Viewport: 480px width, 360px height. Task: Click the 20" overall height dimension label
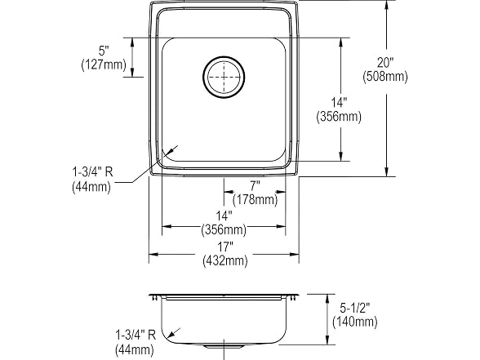(x=384, y=62)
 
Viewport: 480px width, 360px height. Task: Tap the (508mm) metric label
(x=385, y=76)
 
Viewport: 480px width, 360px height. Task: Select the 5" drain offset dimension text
(x=104, y=51)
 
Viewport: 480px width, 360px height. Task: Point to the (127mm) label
(x=104, y=64)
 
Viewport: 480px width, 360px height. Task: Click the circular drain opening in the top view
(x=224, y=77)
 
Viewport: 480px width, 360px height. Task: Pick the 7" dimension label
(x=255, y=185)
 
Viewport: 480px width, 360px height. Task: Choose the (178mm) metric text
(x=255, y=199)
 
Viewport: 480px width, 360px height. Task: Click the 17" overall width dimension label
(x=225, y=247)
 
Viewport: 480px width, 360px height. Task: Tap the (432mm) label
(x=225, y=260)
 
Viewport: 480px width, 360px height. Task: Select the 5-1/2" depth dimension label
(x=355, y=308)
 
